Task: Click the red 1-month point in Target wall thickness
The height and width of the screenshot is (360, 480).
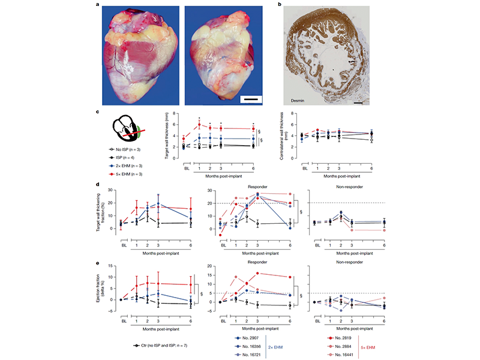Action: tap(199, 124)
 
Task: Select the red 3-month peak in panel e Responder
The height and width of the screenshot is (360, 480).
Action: tap(257, 273)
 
